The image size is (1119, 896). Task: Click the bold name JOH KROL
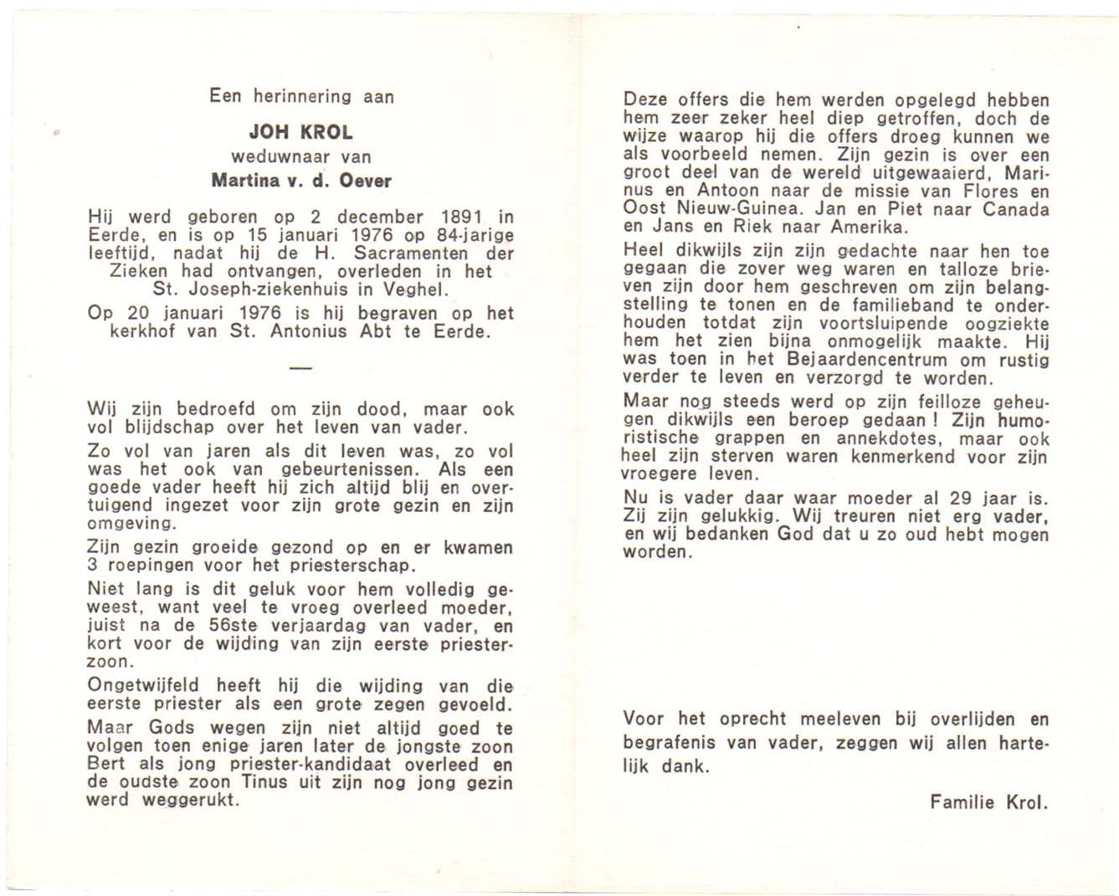click(x=300, y=132)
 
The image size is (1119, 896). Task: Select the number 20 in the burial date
click(x=137, y=313)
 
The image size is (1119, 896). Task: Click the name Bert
click(x=106, y=764)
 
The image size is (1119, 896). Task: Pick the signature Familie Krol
click(x=988, y=802)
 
